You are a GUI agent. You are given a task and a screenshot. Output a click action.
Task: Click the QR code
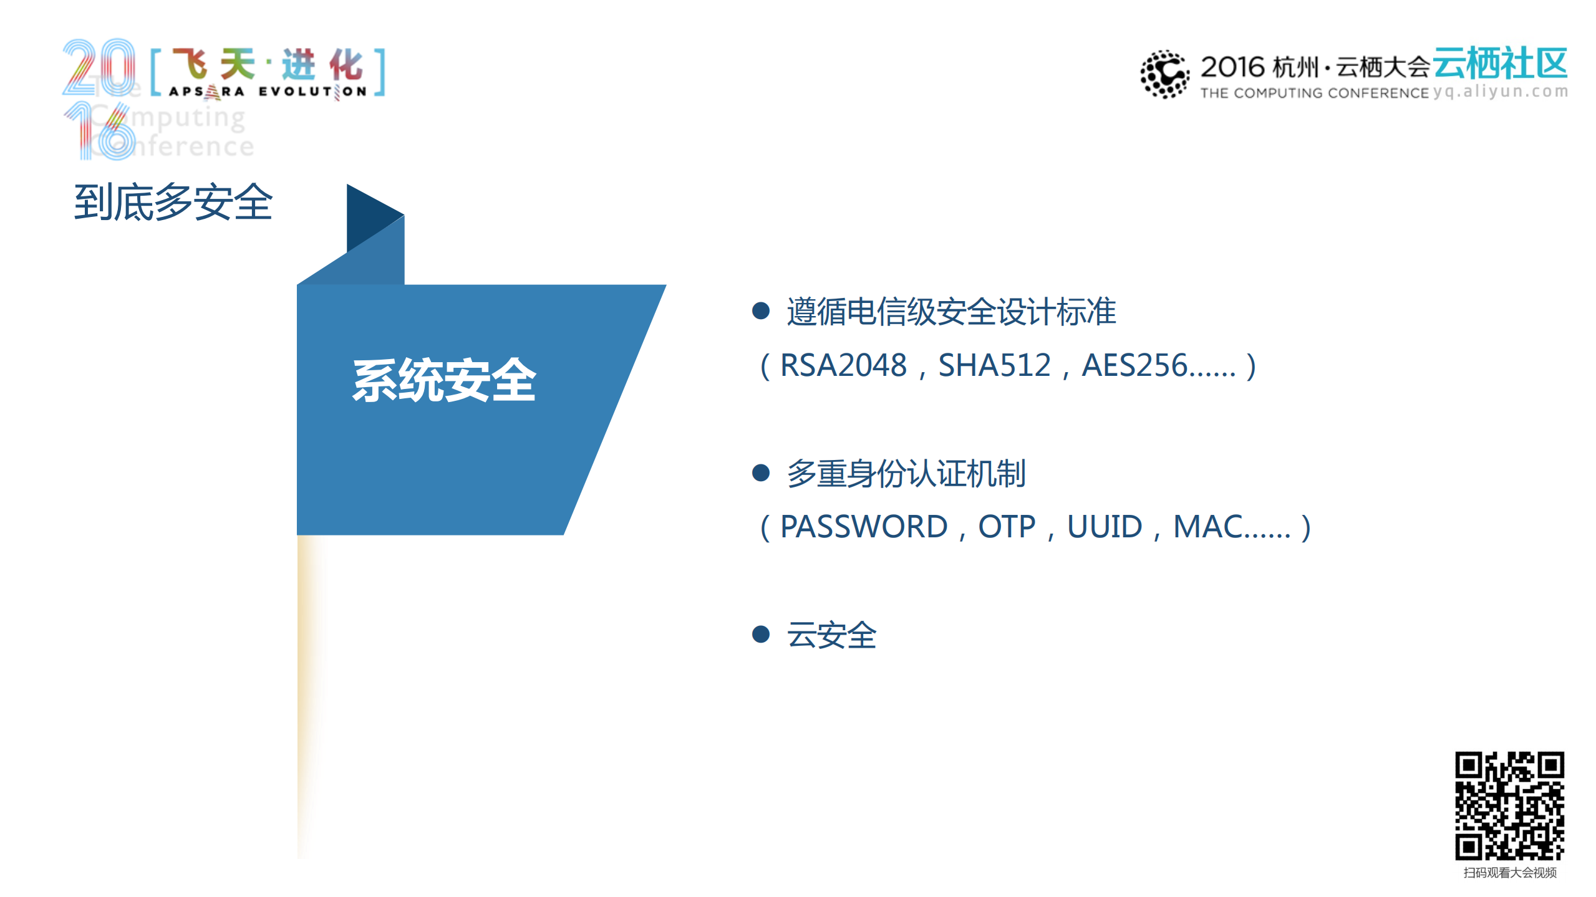(x=1509, y=805)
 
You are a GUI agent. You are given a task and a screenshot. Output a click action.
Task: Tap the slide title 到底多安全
(x=173, y=202)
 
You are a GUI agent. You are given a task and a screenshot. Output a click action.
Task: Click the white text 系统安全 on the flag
(x=444, y=380)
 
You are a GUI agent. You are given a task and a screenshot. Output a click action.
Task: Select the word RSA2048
(x=843, y=365)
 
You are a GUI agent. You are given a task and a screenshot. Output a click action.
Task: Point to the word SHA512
(x=994, y=365)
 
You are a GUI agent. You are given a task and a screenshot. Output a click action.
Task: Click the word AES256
(x=1134, y=365)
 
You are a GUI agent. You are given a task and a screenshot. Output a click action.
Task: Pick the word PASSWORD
(x=864, y=527)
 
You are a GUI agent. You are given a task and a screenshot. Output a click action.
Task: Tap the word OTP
(x=1007, y=527)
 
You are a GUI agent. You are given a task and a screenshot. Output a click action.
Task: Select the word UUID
(x=1105, y=527)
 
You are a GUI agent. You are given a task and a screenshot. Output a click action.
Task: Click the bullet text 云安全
(x=831, y=635)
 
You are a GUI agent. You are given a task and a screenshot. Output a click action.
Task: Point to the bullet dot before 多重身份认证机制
(x=760, y=472)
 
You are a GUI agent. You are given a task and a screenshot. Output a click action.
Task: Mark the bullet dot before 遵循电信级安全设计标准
(x=760, y=310)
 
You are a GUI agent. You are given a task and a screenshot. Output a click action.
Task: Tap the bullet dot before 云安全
(x=760, y=635)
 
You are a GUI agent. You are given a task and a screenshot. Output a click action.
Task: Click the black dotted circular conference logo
(x=1164, y=74)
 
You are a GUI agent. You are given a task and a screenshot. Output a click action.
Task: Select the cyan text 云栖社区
(x=1500, y=64)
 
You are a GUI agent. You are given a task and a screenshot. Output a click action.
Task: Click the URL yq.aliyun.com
(x=1500, y=92)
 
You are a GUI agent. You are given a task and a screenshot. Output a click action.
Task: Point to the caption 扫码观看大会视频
(x=1509, y=873)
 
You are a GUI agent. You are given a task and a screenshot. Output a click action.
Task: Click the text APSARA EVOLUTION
(x=268, y=92)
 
